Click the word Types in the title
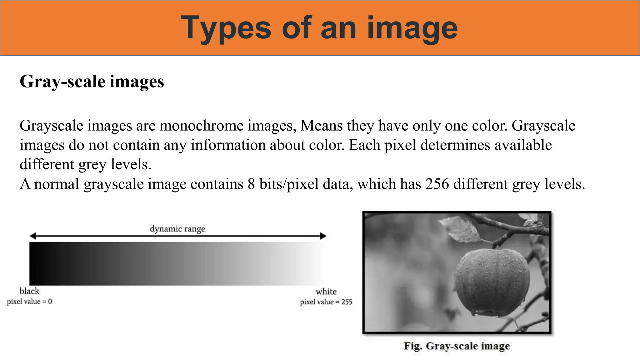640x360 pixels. pyautogui.click(x=226, y=29)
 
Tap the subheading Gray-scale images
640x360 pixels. pyautogui.click(x=92, y=82)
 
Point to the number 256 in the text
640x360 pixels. pyautogui.click(x=437, y=184)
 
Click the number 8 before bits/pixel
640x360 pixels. pyautogui.click(x=251, y=184)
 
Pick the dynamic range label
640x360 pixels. pyautogui.click(x=177, y=229)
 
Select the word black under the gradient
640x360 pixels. pyautogui.click(x=29, y=291)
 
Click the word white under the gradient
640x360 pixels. pyautogui.click(x=326, y=292)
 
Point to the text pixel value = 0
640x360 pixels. pyautogui.click(x=29, y=302)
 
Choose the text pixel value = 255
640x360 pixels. pyautogui.click(x=326, y=302)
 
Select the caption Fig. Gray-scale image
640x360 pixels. pyautogui.click(x=457, y=346)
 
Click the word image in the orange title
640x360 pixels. pyautogui.click(x=412, y=29)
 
